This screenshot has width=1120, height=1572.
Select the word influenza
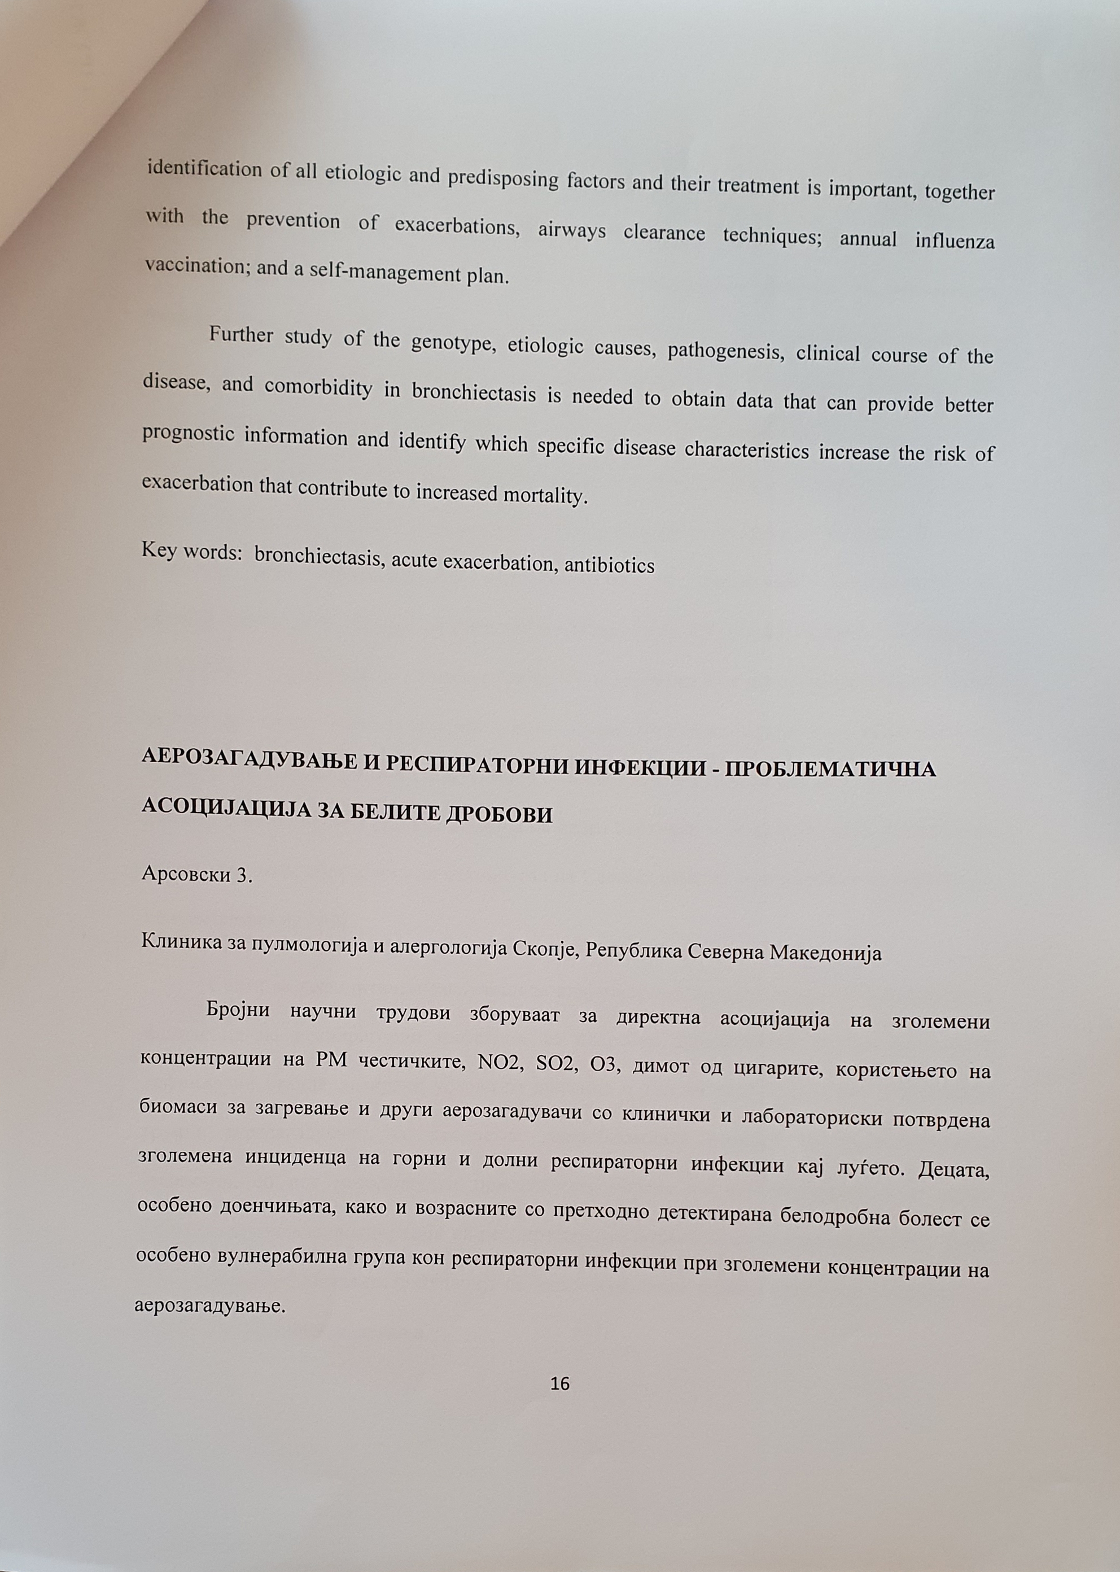(955, 242)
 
